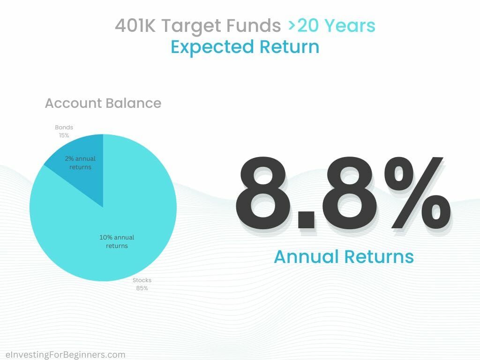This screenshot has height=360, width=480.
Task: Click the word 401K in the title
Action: [x=135, y=26]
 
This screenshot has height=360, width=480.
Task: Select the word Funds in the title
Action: [x=254, y=26]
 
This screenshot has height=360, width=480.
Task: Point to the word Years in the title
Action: [x=349, y=26]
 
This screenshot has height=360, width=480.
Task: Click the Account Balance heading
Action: [x=103, y=103]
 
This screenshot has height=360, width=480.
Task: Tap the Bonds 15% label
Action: [x=64, y=131]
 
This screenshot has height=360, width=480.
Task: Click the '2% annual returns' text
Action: [x=80, y=163]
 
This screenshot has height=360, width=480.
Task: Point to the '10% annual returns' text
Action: [x=117, y=241]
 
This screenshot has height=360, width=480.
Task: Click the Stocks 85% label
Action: [x=142, y=284]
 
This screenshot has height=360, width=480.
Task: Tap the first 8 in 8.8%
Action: [x=262, y=192]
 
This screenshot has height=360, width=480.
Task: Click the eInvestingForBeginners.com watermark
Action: [x=65, y=354]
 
